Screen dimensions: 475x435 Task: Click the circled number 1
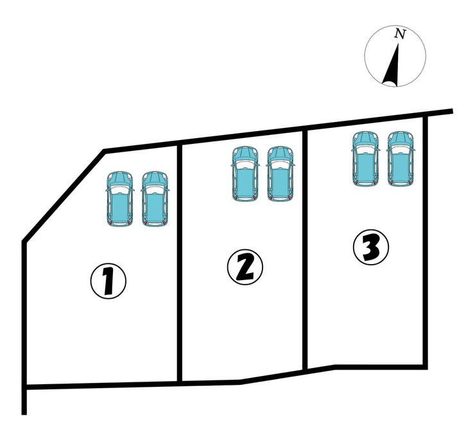pyautogui.click(x=108, y=281)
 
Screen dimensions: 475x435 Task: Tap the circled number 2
pyautogui.click(x=245, y=267)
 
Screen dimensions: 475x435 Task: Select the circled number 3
pyautogui.click(x=371, y=247)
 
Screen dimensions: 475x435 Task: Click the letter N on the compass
pyautogui.click(x=400, y=34)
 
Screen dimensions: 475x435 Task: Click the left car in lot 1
pyautogui.click(x=120, y=199)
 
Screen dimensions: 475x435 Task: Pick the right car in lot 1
pyautogui.click(x=155, y=199)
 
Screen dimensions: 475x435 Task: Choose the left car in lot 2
pyautogui.click(x=246, y=174)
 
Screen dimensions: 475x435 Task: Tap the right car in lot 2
pyautogui.click(x=281, y=174)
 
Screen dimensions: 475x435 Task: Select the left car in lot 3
pyautogui.click(x=366, y=159)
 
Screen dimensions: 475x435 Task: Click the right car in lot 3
pyautogui.click(x=401, y=159)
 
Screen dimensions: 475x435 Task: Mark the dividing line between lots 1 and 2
pyautogui.click(x=180, y=263)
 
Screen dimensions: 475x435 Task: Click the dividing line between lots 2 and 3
pyautogui.click(x=305, y=250)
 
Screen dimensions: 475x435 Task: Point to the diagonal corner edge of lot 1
pyautogui.click(x=64, y=196)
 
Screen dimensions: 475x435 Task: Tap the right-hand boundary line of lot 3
pyautogui.click(x=426, y=242)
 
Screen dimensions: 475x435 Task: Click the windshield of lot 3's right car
pyautogui.click(x=401, y=149)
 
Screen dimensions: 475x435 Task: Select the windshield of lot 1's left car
pyautogui.click(x=120, y=190)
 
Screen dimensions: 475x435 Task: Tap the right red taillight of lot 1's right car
pyautogui.click(x=164, y=223)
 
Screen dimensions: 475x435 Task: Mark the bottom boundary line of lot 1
pyautogui.click(x=102, y=385)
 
